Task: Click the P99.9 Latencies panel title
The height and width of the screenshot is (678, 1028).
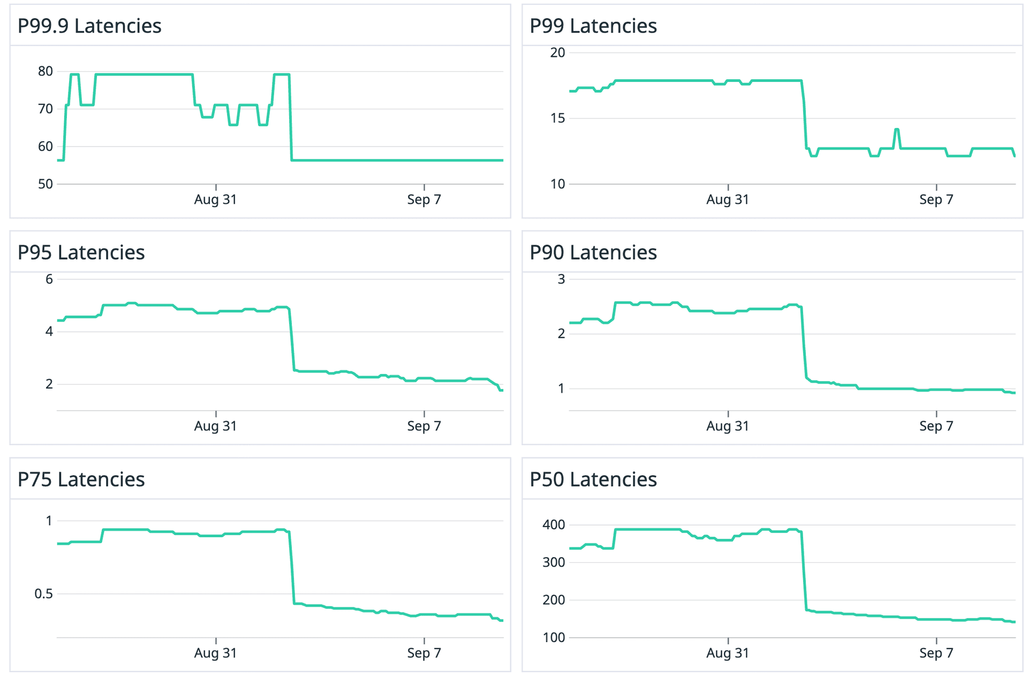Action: [89, 26]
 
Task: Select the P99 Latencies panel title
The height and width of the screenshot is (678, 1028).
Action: [593, 26]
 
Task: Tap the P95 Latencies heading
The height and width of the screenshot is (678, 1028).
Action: [81, 253]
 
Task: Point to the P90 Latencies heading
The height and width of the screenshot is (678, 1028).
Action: [593, 253]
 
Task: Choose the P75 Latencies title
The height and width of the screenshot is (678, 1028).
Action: [81, 479]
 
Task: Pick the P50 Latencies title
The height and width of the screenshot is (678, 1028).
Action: [593, 479]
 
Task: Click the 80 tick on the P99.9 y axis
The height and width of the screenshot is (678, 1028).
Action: [46, 71]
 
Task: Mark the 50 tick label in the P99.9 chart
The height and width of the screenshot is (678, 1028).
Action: [46, 184]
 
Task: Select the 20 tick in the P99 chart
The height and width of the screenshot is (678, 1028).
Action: [557, 52]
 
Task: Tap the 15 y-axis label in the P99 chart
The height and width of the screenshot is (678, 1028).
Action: [557, 118]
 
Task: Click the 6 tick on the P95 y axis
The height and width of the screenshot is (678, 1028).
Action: [49, 279]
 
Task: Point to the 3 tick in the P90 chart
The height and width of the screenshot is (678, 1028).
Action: [561, 279]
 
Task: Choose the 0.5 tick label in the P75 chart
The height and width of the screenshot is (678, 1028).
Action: [43, 593]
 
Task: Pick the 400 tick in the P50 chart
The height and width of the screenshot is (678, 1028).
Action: [554, 524]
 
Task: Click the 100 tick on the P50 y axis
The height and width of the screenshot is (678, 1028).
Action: [554, 637]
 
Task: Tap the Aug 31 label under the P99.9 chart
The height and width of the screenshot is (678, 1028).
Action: [215, 200]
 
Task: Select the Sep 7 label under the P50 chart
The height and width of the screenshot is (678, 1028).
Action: [936, 653]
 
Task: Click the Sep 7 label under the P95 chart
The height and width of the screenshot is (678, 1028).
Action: [424, 426]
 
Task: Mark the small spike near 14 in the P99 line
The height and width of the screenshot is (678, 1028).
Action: [897, 129]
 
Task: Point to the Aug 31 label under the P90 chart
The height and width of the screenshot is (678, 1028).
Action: [728, 426]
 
